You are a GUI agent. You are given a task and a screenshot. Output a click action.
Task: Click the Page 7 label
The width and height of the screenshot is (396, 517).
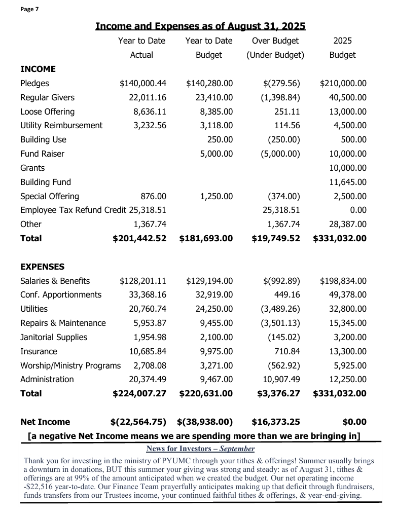pos(30,10)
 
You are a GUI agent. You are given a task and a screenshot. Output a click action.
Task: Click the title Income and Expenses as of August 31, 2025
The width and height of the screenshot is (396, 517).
pos(200,26)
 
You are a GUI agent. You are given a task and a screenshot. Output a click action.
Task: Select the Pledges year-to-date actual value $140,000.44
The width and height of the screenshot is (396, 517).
pos(143,83)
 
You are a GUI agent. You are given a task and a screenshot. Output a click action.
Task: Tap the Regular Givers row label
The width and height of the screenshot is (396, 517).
pos(47,97)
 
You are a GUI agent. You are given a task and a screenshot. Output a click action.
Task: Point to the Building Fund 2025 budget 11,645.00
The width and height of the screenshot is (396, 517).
pos(347,182)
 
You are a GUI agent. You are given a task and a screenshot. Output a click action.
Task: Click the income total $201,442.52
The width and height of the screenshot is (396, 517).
pos(139,238)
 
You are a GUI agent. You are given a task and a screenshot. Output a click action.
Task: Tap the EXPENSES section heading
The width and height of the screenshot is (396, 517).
pos(42,267)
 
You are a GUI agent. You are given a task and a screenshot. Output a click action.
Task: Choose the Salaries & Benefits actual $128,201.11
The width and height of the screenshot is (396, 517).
pos(143,281)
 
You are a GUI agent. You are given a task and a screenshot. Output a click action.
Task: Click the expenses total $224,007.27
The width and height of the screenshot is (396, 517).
pos(139,393)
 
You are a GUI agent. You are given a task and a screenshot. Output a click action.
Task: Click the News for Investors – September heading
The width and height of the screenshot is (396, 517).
pos(200,449)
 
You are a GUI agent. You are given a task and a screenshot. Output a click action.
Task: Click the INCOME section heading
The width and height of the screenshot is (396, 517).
pos(38,69)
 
